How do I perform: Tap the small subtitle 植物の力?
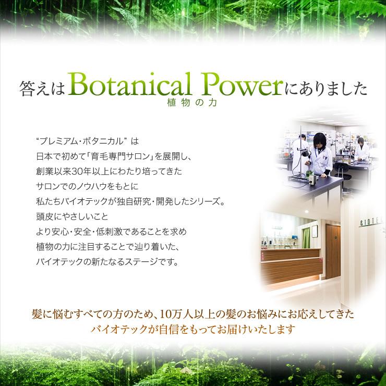coord(189,103)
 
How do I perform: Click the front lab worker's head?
coord(319,139)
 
